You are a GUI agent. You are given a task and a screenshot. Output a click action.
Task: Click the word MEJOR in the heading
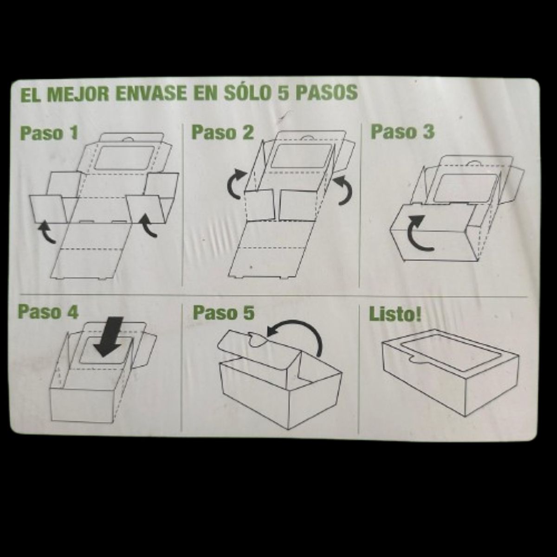(77, 93)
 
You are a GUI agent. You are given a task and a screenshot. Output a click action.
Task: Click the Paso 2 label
(223, 132)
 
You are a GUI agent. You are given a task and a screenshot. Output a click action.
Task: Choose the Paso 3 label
(402, 131)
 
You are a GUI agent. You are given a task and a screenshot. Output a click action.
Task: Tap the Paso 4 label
(48, 311)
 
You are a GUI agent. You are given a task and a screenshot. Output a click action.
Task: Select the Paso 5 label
(223, 312)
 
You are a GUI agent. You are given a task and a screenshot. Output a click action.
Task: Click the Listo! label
(395, 314)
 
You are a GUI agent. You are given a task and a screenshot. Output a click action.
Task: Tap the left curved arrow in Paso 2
(236, 184)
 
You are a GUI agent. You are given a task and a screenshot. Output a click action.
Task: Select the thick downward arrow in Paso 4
(110, 337)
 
